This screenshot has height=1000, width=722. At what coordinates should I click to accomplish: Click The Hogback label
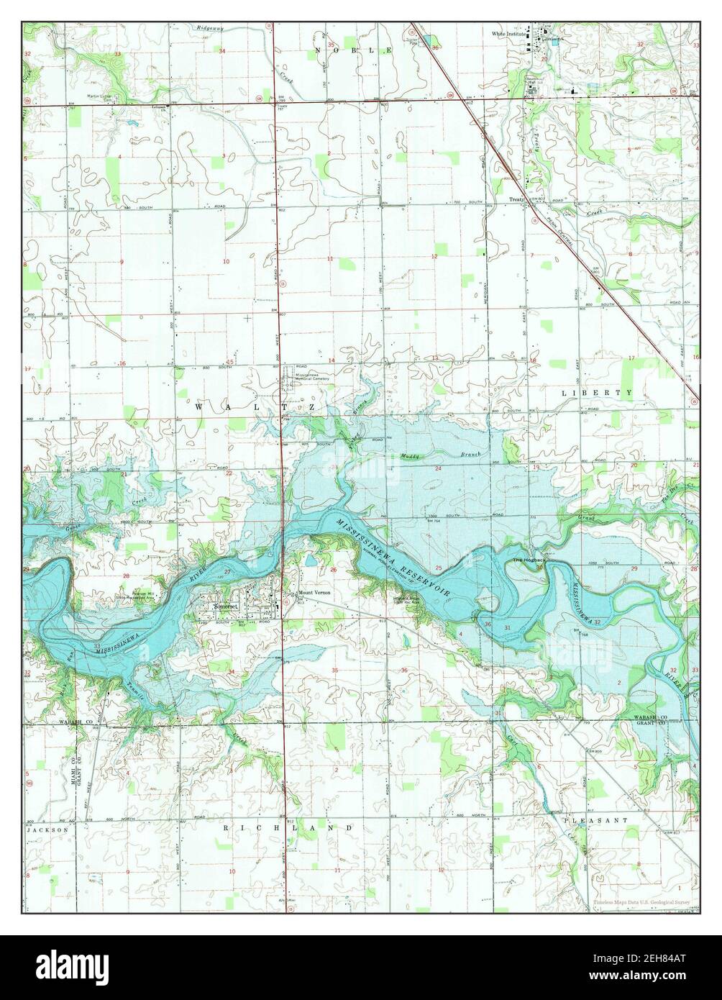tap(524, 560)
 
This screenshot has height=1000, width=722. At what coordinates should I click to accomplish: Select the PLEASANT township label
tap(595, 819)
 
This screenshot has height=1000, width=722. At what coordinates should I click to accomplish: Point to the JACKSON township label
tap(47, 829)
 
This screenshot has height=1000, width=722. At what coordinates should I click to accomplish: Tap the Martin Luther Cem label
tap(104, 96)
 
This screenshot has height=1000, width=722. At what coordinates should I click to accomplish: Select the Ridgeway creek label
tap(211, 27)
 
